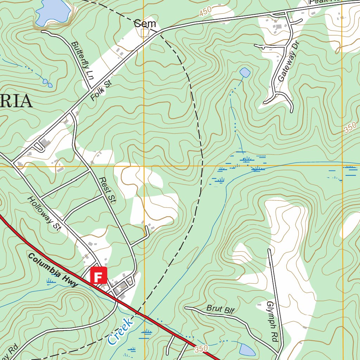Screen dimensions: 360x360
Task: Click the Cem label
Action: [145, 24]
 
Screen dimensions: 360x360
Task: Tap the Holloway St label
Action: [44, 214]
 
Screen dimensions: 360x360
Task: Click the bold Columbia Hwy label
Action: [53, 270]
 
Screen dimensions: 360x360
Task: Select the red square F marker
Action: [99, 275]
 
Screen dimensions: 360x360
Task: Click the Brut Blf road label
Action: [220, 309]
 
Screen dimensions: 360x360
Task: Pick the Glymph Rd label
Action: [271, 322]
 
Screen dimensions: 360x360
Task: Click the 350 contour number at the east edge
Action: [350, 127]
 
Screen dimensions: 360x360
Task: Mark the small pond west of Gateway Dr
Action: [245, 73]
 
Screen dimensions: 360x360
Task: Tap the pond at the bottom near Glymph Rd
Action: [247, 350]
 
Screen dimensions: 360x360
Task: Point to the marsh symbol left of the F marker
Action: [51, 281]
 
